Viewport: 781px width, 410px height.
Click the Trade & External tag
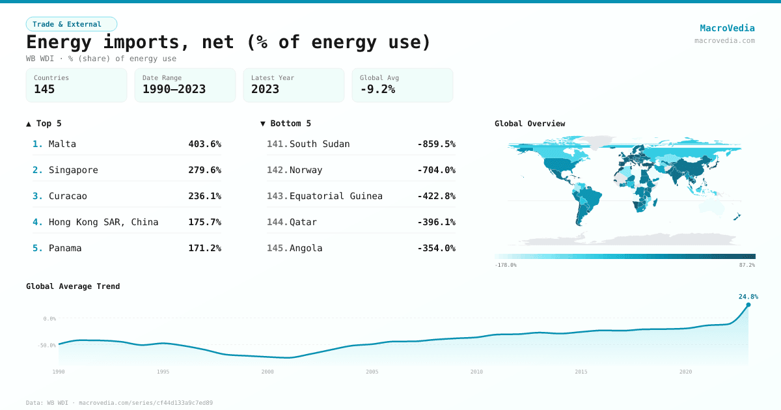71,24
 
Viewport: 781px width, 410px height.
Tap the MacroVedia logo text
727,28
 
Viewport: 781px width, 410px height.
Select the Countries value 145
44,89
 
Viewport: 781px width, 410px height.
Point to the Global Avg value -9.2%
377,89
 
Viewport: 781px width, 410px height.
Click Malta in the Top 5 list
62,144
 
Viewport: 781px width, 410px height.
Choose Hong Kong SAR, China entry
103,222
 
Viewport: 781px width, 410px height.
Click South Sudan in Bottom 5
320,144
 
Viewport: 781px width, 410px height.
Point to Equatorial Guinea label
336,196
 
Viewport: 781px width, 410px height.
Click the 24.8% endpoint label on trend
748,297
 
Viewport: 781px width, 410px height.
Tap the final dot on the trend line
748,305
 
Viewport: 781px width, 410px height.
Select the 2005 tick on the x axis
372,372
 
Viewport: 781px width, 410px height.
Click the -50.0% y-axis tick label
48,345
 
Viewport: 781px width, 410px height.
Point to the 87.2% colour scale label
747,265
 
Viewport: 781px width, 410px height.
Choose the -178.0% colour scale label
506,265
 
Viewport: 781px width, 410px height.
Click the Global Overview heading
530,124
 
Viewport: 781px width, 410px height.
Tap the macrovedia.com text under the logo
724,40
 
